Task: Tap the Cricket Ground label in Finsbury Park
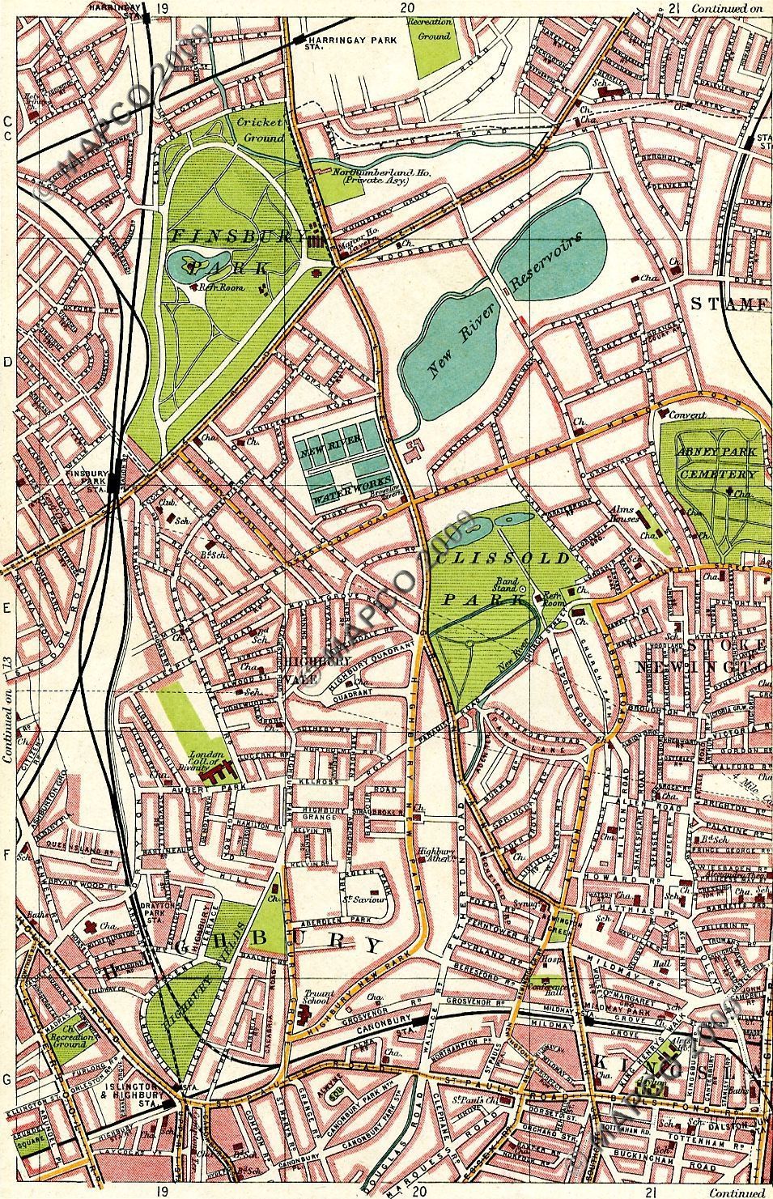(260, 130)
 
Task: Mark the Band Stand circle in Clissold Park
(523, 589)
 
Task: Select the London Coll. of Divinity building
(217, 774)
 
